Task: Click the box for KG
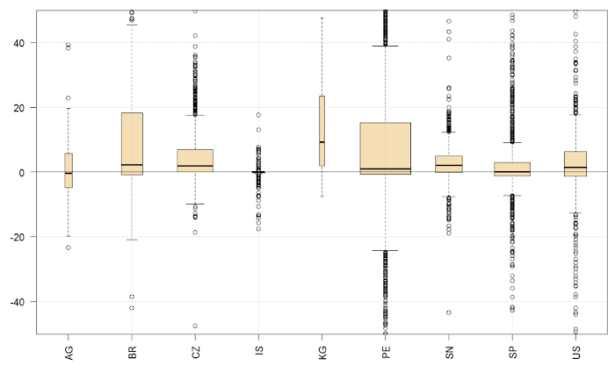[322, 123]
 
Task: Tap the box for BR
[132, 140]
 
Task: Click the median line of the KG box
[322, 142]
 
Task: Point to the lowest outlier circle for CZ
[195, 326]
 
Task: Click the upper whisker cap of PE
[385, 46]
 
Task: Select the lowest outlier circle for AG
[69, 247]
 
